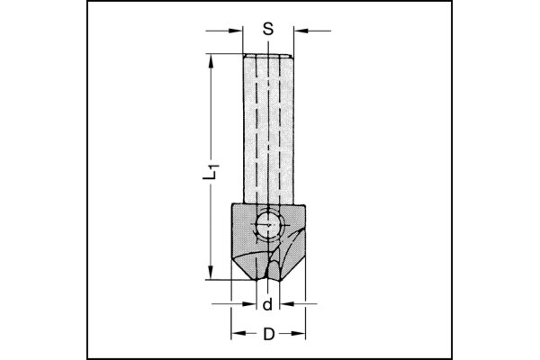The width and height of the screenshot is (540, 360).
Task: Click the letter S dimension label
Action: coord(268,28)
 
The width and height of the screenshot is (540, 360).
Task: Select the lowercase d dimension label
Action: coord(268,306)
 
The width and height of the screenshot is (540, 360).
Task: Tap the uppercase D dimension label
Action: coord(268,335)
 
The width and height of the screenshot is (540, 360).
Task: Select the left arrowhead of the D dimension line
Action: coord(234,335)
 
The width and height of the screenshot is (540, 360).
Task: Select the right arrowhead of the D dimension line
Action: coord(302,335)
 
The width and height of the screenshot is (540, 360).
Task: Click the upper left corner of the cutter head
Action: coord(232,206)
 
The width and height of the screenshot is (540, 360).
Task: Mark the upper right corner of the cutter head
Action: coord(305,206)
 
